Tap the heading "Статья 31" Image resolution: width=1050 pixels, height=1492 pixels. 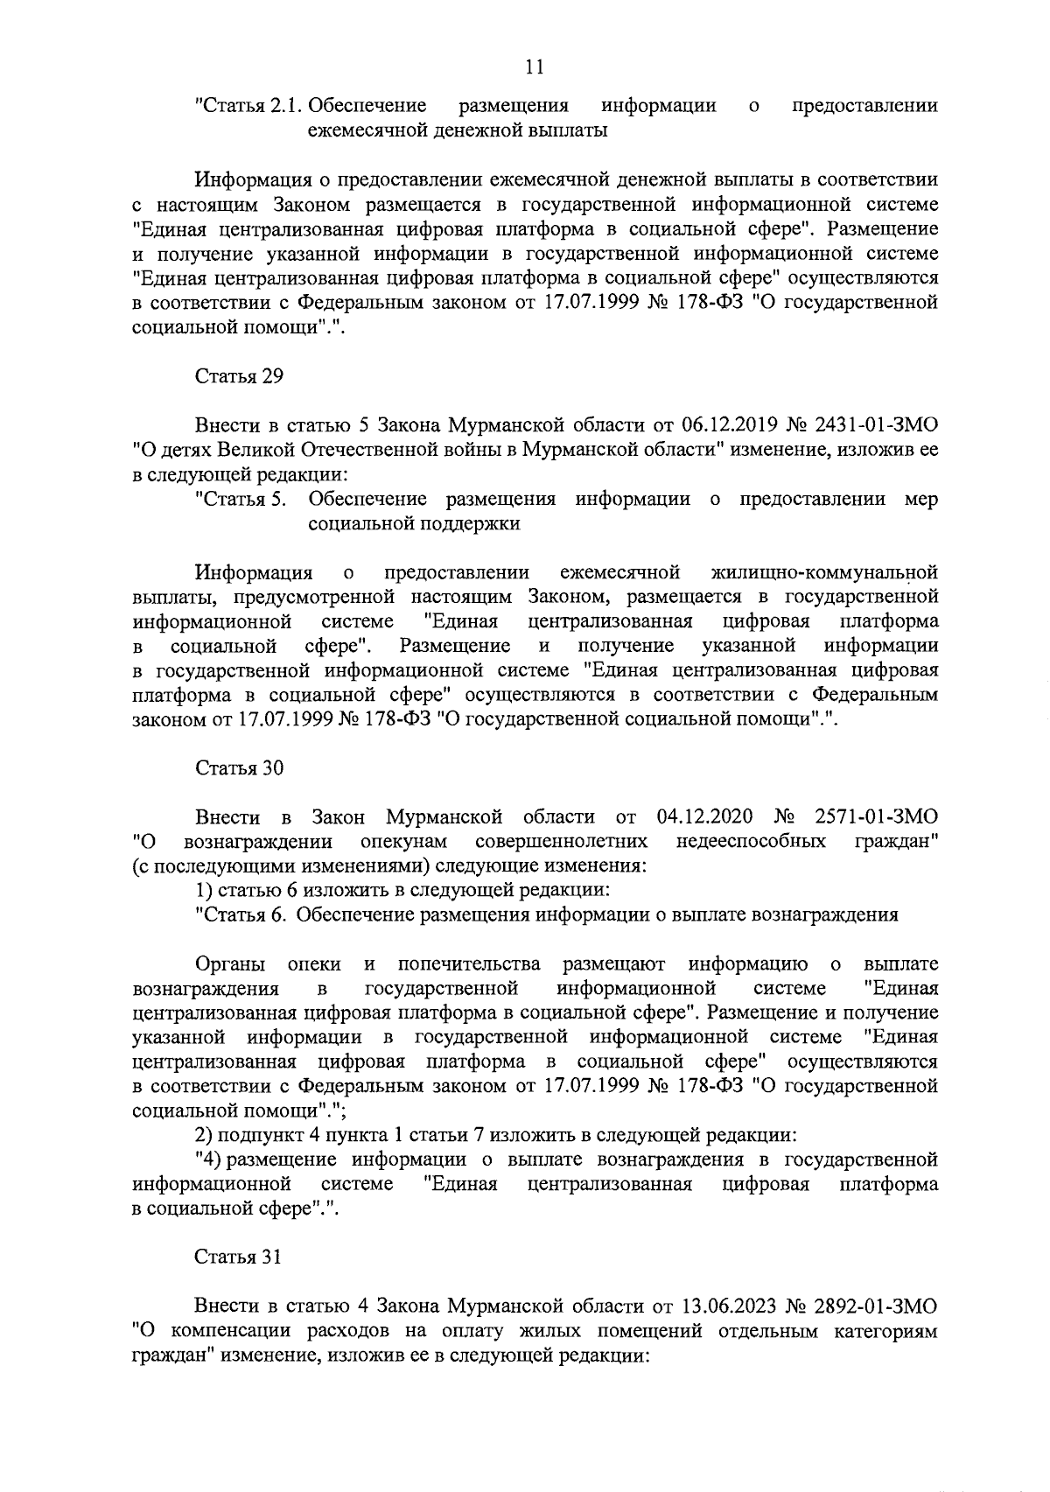(238, 1257)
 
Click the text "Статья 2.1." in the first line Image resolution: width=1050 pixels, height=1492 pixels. (248, 107)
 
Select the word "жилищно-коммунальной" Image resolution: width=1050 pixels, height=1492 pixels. (826, 573)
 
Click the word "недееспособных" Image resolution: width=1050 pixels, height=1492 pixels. (752, 842)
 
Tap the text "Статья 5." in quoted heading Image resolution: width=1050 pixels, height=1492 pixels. (241, 500)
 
